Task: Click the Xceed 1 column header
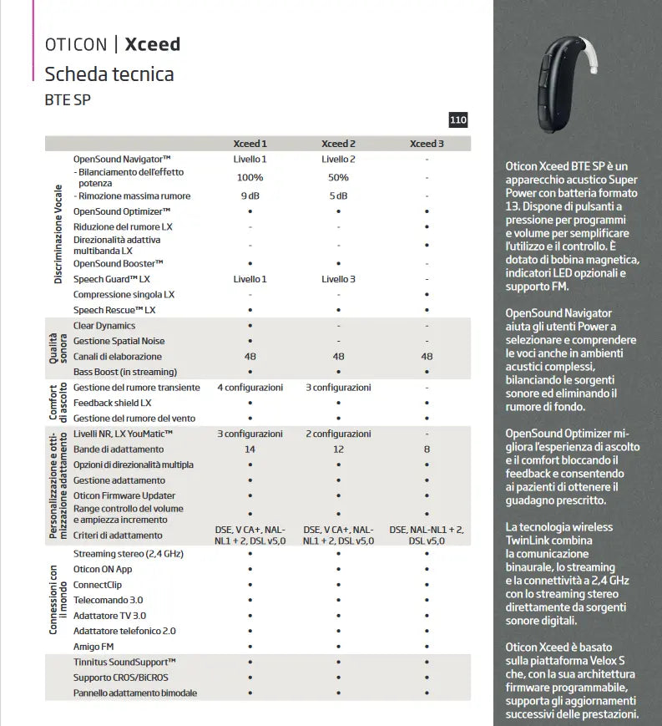tap(250, 144)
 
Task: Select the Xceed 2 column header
tap(338, 144)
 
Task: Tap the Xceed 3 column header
tap(427, 144)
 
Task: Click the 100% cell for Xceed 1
tap(250, 177)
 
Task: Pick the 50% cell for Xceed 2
tap(338, 177)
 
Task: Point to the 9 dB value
tap(250, 196)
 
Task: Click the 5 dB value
tap(338, 196)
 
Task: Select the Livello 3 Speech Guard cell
tap(338, 279)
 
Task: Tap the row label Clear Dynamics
tap(104, 326)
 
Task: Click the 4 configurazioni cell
tap(250, 388)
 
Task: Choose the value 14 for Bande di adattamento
tap(250, 449)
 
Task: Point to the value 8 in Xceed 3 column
tap(427, 449)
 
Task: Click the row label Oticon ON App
tap(103, 569)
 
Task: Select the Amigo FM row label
tap(94, 647)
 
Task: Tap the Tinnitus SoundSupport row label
tap(124, 662)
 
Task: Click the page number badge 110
tap(458, 120)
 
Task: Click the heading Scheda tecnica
tap(109, 74)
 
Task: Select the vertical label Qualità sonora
tap(57, 348)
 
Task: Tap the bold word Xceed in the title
tap(152, 44)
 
